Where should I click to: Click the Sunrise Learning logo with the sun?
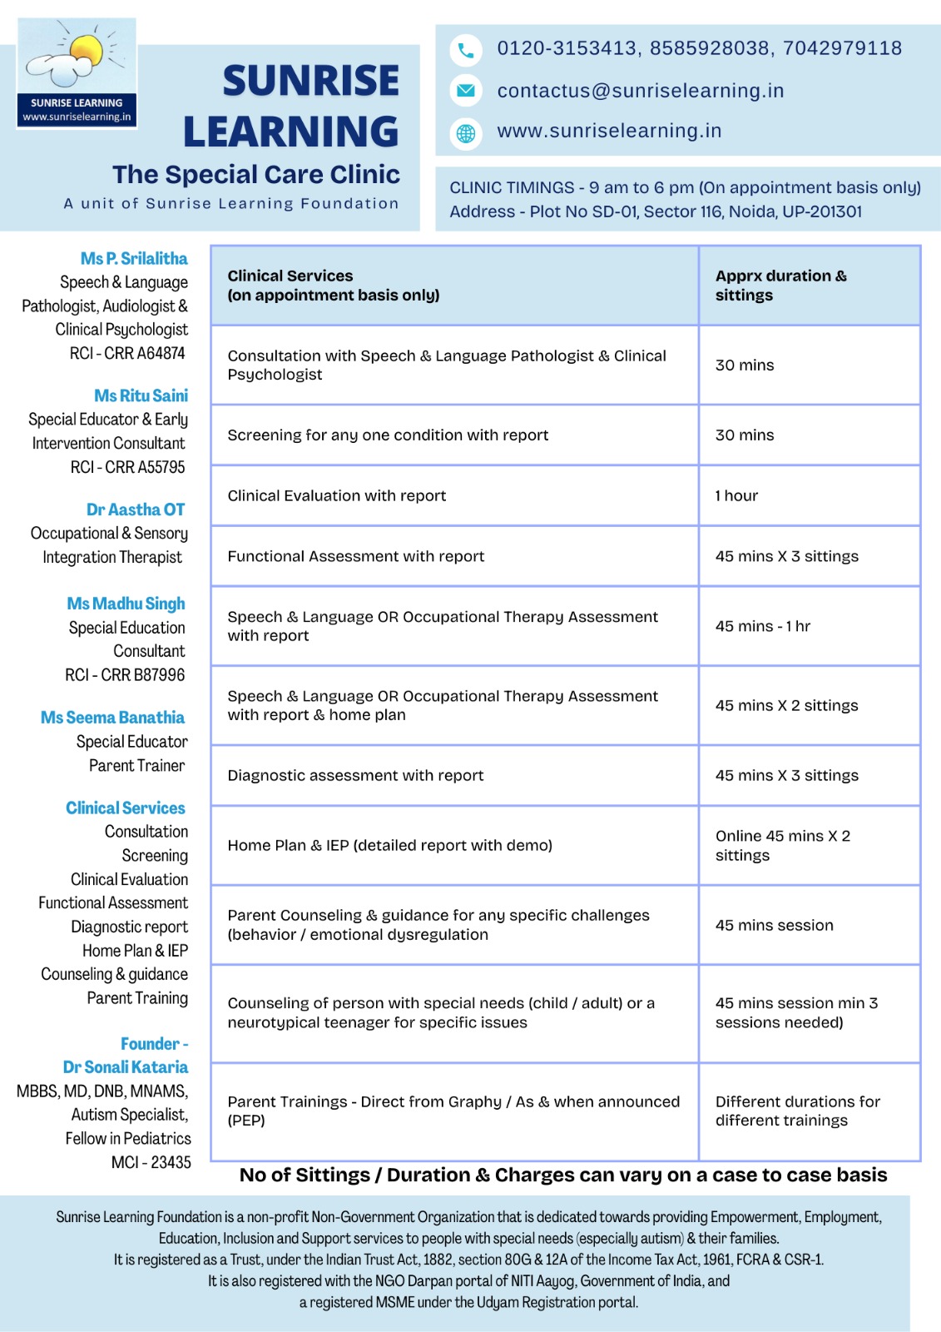[x=77, y=73]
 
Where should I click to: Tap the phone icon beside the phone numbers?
[x=466, y=51]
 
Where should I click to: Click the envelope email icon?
[x=466, y=91]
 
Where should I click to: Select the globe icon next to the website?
[x=466, y=132]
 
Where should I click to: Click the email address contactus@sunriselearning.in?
[x=640, y=91]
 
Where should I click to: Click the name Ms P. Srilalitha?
[x=134, y=259]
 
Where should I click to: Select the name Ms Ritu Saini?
[x=141, y=395]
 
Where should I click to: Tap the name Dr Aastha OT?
[x=136, y=509]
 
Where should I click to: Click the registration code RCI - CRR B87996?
[x=125, y=674]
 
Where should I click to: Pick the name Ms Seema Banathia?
[x=112, y=718]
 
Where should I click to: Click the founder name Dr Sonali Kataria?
[x=126, y=1067]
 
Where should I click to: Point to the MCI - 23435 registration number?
[x=151, y=1162]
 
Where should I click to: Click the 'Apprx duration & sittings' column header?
[x=780, y=286]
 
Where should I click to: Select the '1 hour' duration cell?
[x=736, y=496]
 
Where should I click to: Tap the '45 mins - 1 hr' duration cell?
[x=762, y=626]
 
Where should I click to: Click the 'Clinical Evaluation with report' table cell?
[x=336, y=496]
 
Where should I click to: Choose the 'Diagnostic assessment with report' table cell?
[x=355, y=776]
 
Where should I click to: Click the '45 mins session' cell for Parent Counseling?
[x=774, y=926]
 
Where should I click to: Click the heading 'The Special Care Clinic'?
[x=256, y=175]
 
